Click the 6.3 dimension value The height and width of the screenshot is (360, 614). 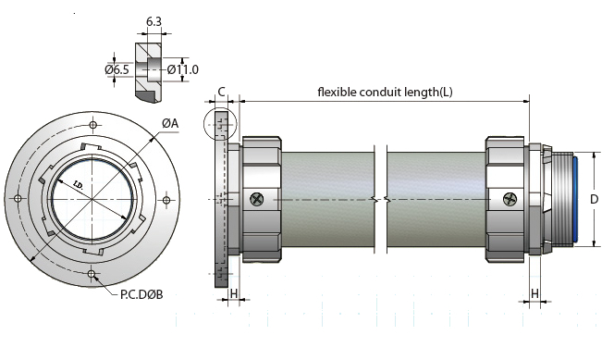click(x=153, y=21)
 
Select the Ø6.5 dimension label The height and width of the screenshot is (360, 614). click(x=117, y=69)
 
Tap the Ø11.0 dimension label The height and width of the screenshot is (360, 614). click(x=182, y=69)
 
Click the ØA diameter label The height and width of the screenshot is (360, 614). click(x=170, y=123)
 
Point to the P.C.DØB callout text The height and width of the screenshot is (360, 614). click(x=141, y=293)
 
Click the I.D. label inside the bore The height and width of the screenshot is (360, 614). click(x=79, y=184)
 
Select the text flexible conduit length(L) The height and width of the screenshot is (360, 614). click(x=385, y=92)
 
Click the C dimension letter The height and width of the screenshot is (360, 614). click(x=221, y=92)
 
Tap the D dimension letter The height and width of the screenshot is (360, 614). click(x=594, y=199)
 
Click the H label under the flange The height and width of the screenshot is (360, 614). click(x=234, y=293)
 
